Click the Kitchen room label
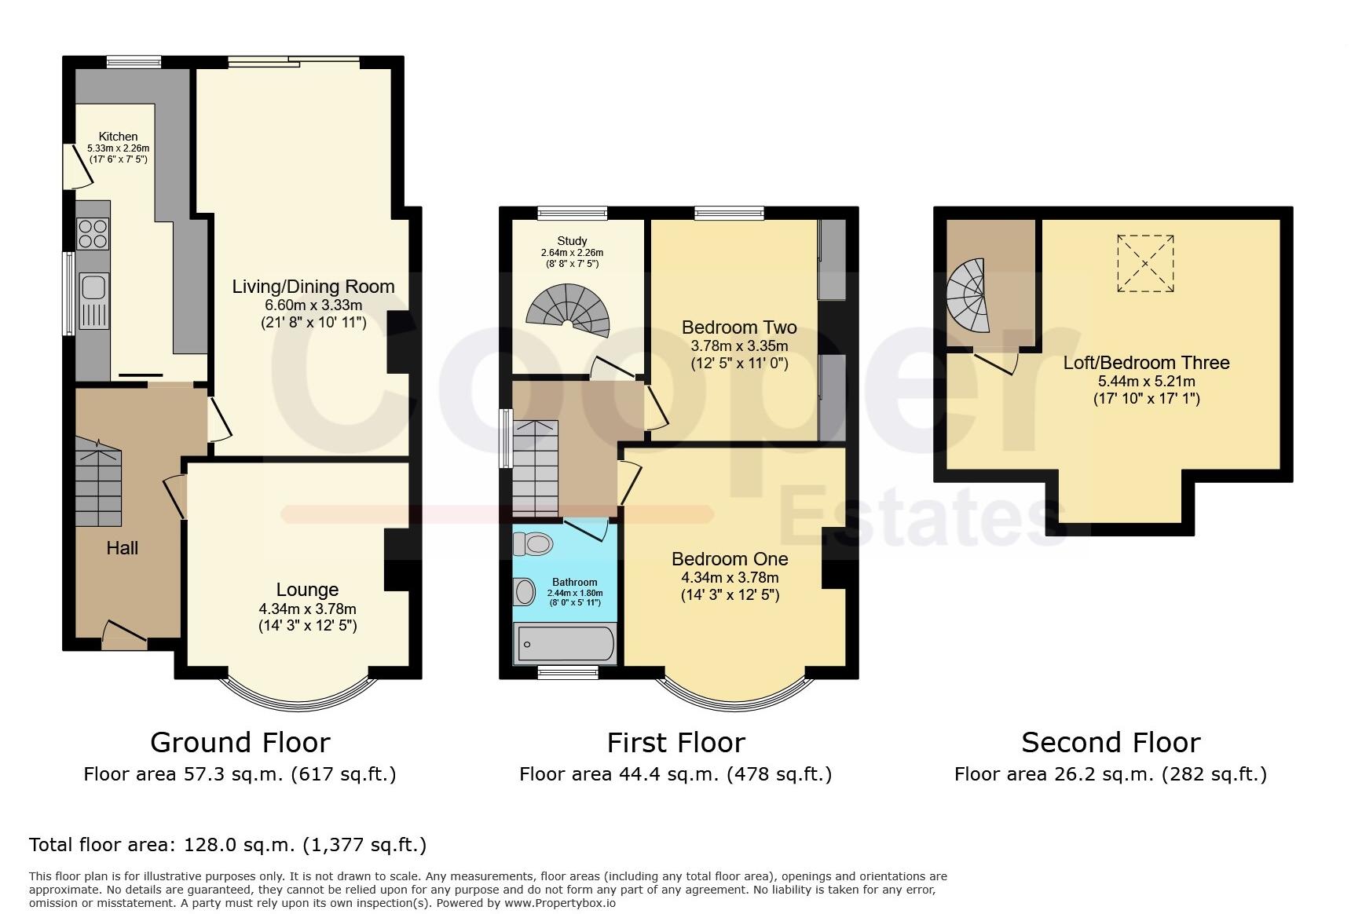pos(118,137)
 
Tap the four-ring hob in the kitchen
pos(92,232)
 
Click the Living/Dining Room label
pos(313,287)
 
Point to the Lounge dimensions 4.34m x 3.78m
pos(307,609)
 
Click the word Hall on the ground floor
pos(122,548)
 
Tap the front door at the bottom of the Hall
pos(124,634)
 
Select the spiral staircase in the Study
pos(568,313)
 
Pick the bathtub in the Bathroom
pos(566,645)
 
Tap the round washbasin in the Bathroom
pos(523,592)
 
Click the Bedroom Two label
pos(739,327)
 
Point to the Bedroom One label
pos(730,559)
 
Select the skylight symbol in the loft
pos(1145,263)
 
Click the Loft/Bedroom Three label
pos(1146,363)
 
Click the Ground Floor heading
pos(240,742)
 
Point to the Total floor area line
pos(228,845)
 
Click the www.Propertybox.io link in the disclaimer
pos(560,903)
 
